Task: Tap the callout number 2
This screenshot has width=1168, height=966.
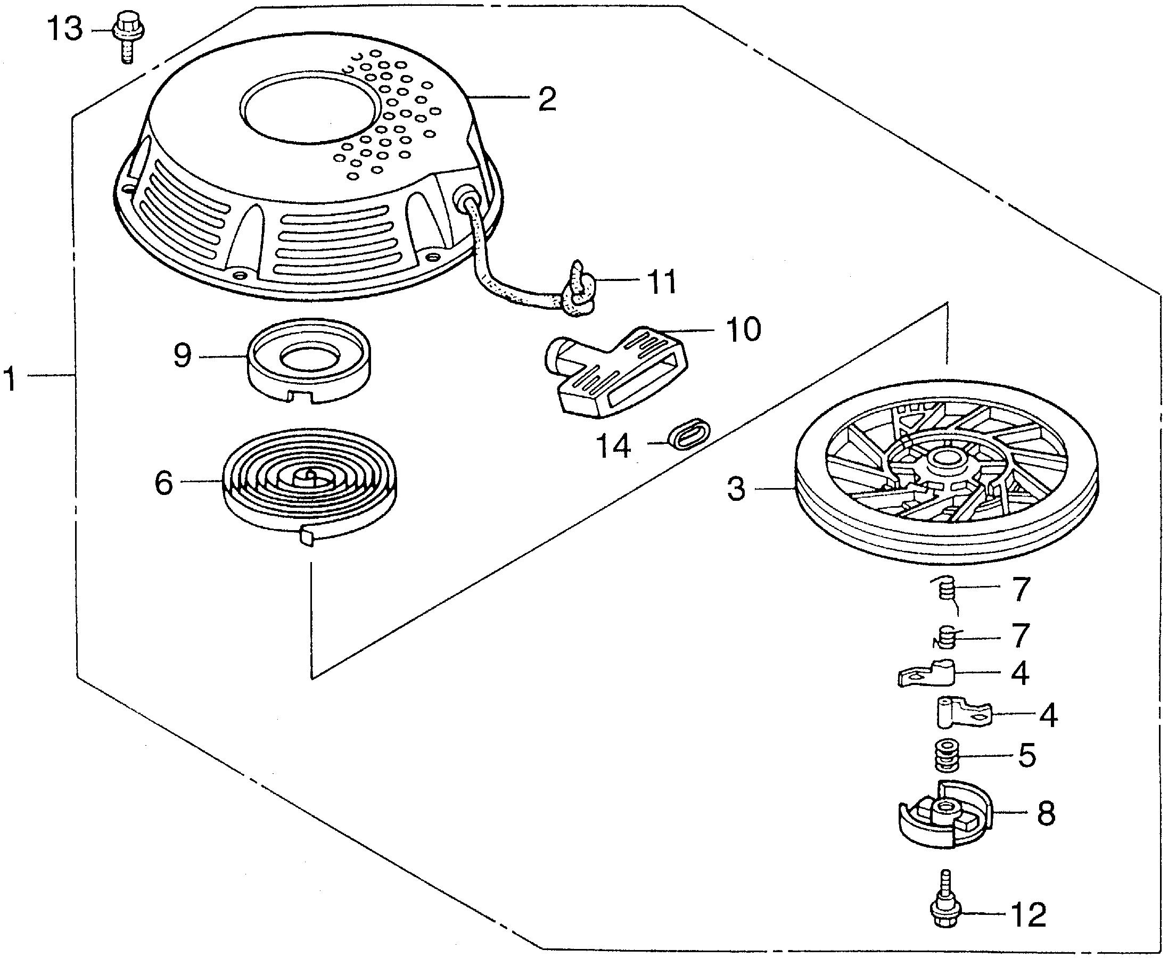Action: point(547,100)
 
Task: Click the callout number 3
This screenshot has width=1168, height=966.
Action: point(736,490)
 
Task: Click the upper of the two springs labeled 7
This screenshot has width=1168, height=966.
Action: point(946,590)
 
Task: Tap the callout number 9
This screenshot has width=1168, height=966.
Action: point(183,356)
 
